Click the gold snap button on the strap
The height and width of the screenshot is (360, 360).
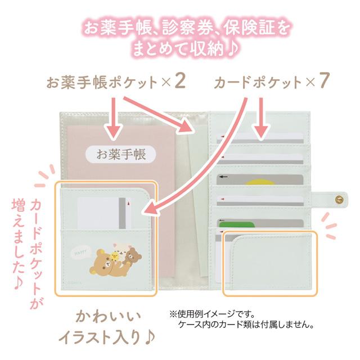[339, 199]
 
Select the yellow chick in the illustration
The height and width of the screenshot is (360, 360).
[114, 255]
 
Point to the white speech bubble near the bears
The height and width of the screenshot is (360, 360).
[79, 253]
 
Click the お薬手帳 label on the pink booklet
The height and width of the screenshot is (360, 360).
[121, 154]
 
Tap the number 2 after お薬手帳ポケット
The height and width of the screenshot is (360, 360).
[179, 81]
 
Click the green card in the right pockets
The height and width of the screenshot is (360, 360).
[237, 224]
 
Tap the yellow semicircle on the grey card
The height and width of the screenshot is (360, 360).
[259, 182]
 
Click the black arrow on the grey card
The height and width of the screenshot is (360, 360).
[223, 177]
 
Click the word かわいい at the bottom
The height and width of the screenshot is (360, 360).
[108, 317]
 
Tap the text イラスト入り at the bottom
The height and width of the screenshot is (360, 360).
[99, 337]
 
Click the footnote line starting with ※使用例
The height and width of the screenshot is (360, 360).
[212, 314]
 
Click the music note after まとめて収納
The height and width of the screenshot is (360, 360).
[233, 49]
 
